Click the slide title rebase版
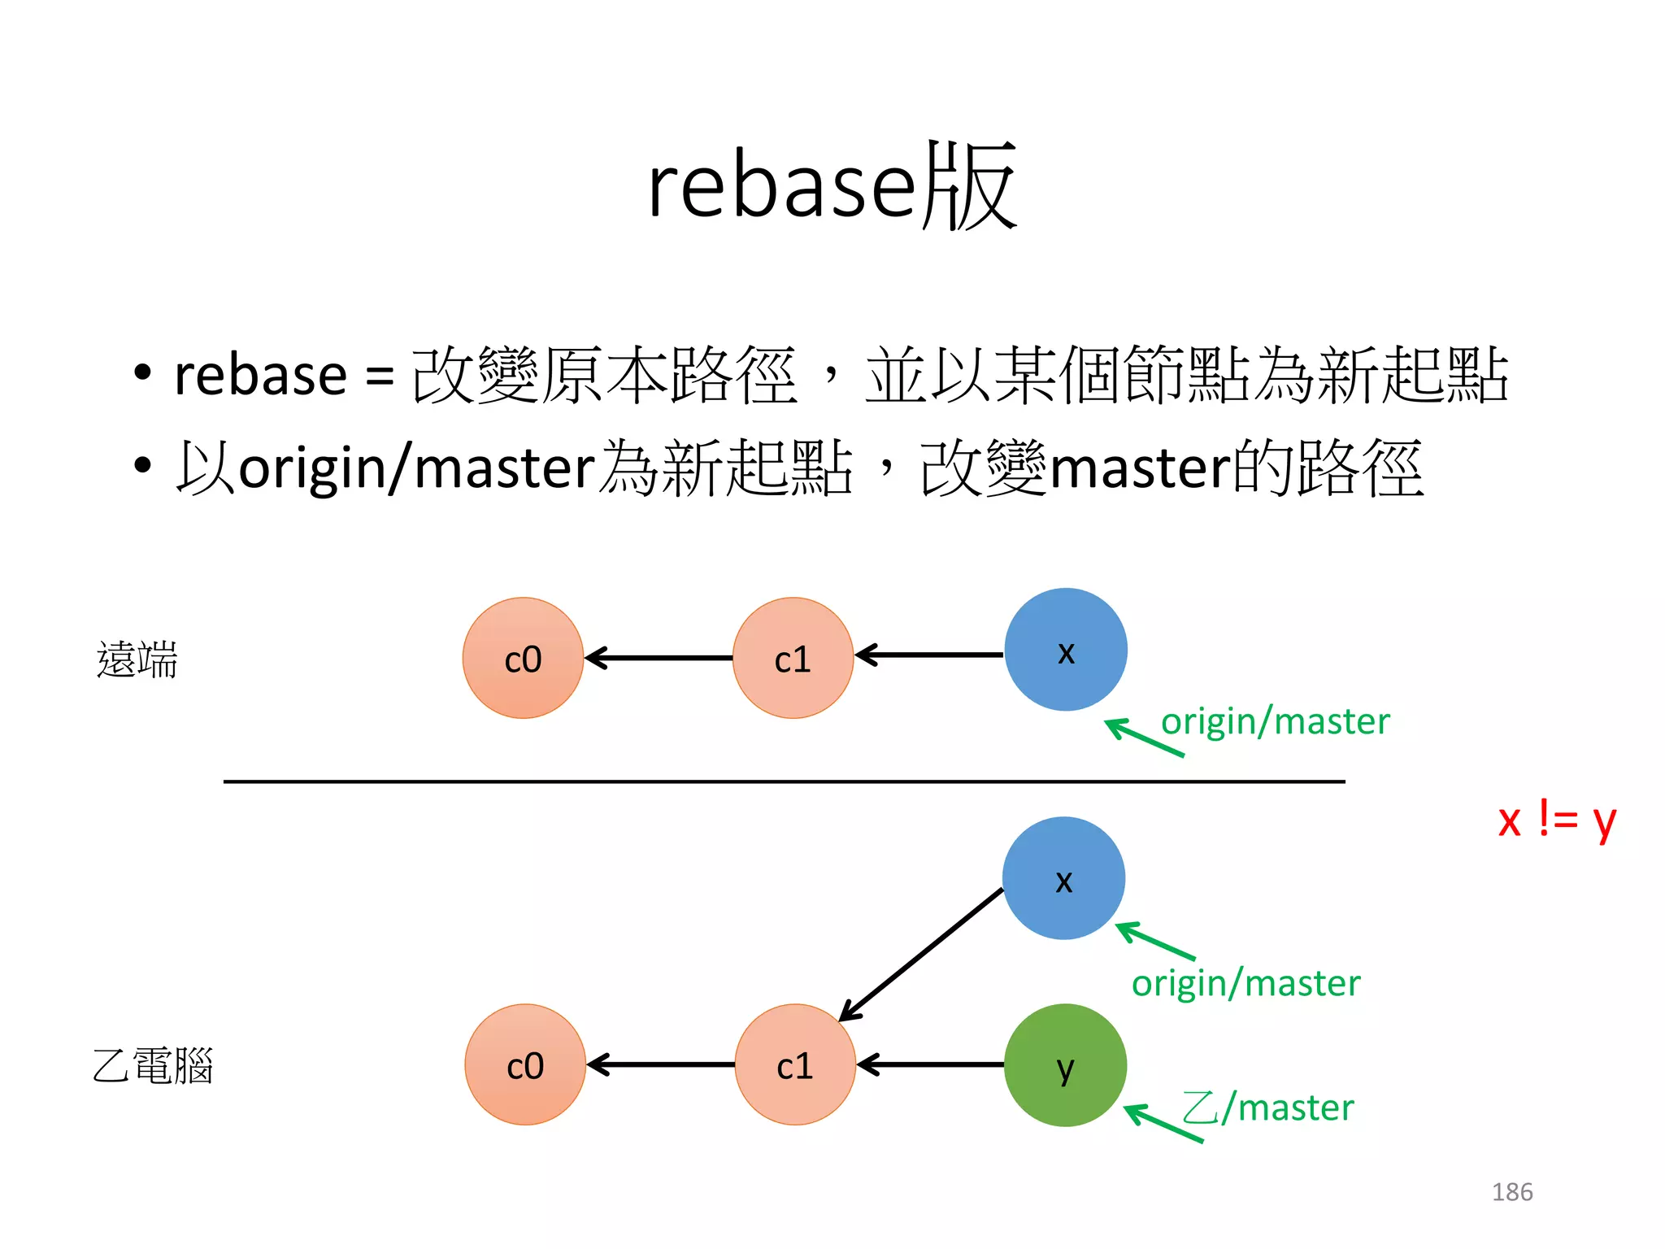(831, 186)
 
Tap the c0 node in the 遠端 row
(523, 658)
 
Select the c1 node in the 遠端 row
(793, 658)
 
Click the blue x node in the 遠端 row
(1065, 650)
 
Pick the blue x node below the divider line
(1063, 878)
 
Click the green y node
(1065, 1065)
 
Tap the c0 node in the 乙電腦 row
(525, 1064)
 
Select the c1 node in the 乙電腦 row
(795, 1064)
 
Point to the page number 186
(1511, 1192)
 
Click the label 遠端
(137, 659)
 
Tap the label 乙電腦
(153, 1065)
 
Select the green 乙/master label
(1268, 1108)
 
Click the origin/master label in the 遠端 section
(1275, 721)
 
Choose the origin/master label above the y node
(1245, 983)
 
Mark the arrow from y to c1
(931, 1064)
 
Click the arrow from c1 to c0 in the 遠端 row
(659, 658)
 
